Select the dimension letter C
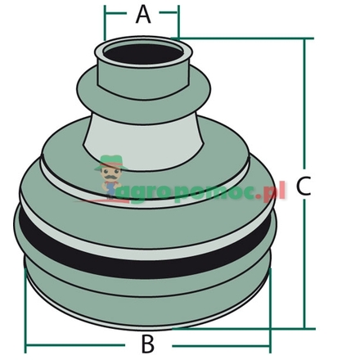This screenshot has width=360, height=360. (304, 187)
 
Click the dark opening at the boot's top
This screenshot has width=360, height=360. (144, 56)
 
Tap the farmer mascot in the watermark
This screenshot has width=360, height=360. (110, 176)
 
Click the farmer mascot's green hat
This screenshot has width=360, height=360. (110, 162)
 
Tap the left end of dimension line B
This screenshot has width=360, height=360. (26, 342)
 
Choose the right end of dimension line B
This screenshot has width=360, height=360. (271, 342)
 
